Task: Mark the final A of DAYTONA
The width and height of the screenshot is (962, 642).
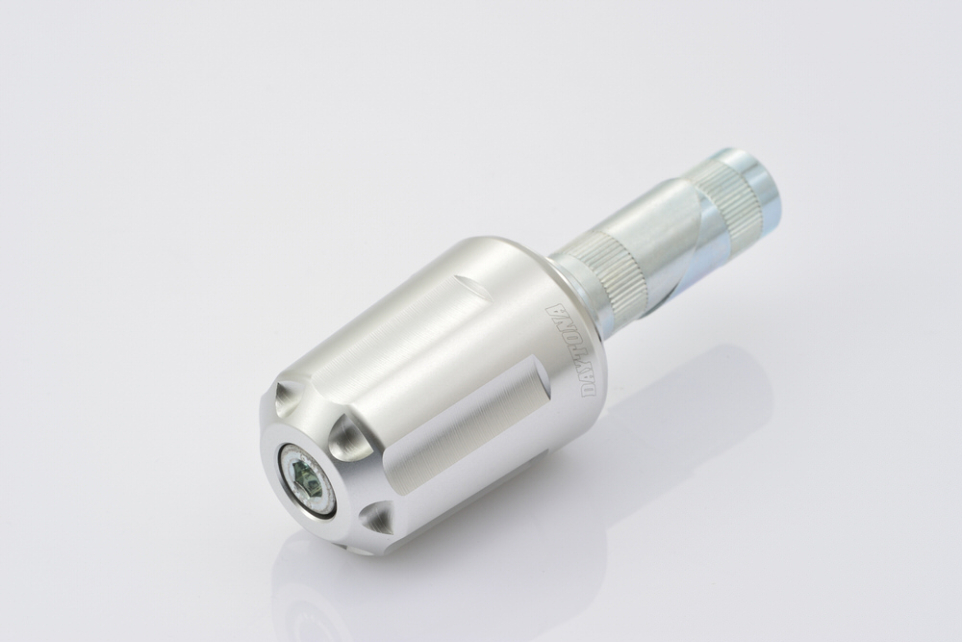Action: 554,311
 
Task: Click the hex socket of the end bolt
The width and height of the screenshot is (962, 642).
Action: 305,475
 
